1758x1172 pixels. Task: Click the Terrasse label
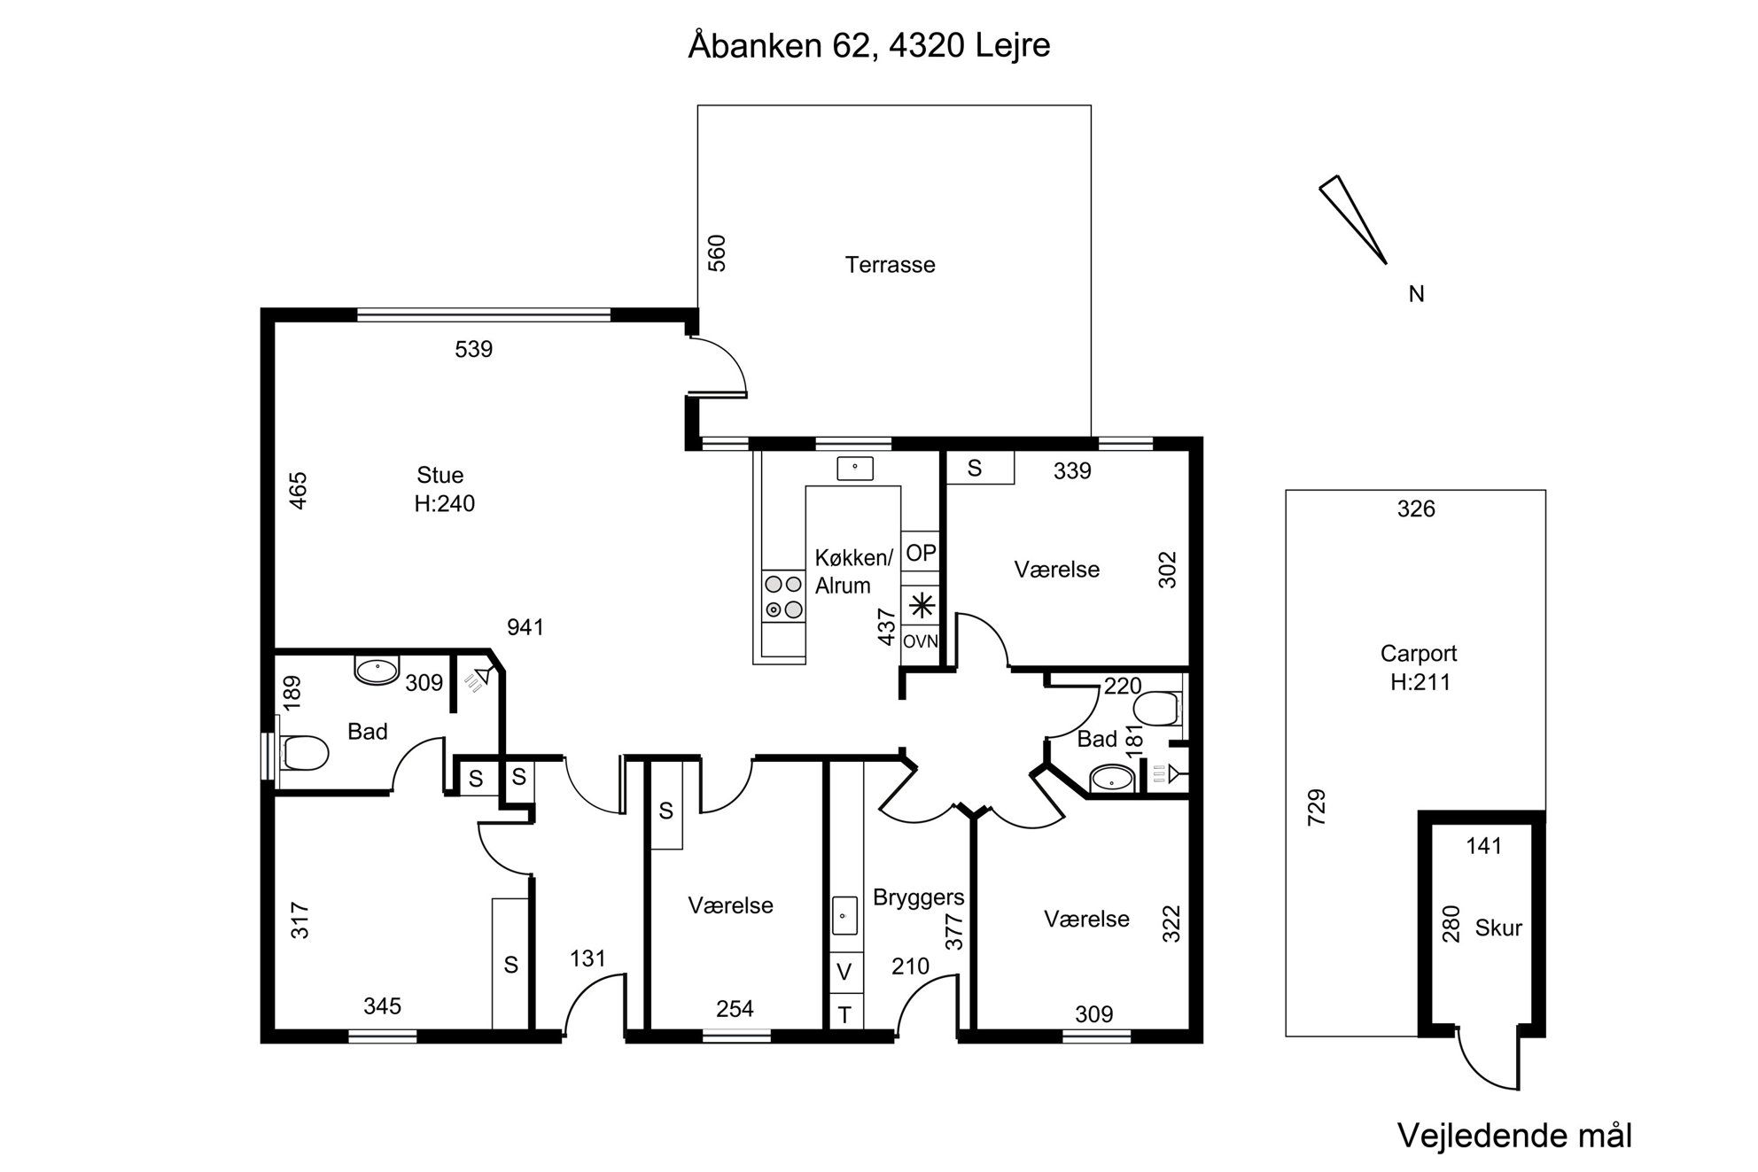coord(890,265)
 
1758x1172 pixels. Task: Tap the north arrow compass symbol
coord(1352,219)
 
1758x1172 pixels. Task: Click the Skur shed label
coord(1498,928)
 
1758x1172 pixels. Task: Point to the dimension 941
coord(525,627)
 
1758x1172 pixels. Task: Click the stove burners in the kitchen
coord(783,596)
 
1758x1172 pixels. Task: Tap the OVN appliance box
coord(920,641)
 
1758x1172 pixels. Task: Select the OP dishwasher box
coord(920,553)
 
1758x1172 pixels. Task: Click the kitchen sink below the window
coord(855,468)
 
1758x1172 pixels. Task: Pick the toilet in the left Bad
coord(304,753)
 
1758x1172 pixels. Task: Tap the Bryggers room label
coord(919,897)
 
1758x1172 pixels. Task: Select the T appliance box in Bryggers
coord(844,1014)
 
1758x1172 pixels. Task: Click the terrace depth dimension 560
coord(718,252)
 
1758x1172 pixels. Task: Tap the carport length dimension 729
coord(1317,807)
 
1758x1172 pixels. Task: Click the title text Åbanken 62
coord(781,45)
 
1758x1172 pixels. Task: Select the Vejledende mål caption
coord(1514,1136)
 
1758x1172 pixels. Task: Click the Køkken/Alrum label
coord(853,571)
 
